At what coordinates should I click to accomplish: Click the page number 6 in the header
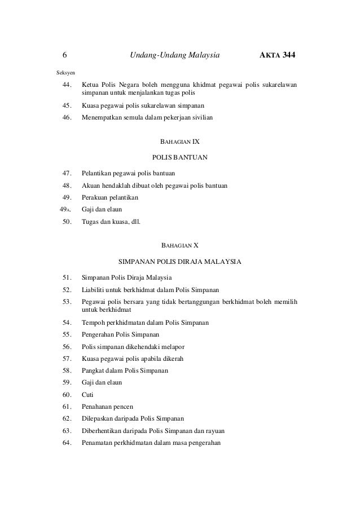point(64,56)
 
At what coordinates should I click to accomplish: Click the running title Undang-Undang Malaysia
point(174,56)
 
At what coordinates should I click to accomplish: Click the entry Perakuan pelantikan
point(109,197)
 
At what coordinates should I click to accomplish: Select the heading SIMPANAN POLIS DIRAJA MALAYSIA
point(180,262)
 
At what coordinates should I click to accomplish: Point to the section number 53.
point(66,301)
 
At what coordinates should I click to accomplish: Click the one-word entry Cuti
point(88,394)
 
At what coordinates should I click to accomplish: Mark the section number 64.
point(66,443)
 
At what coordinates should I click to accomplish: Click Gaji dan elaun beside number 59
point(102,382)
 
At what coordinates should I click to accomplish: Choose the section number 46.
point(66,117)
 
